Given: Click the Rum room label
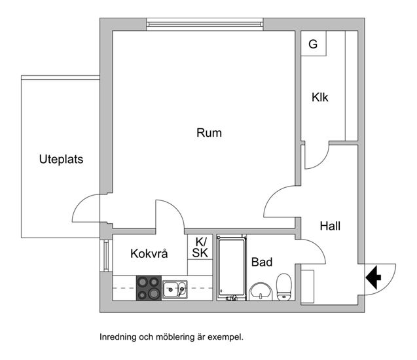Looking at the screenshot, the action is [x=209, y=133].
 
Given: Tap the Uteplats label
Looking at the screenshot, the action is [x=61, y=159].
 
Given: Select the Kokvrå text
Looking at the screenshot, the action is [x=149, y=254].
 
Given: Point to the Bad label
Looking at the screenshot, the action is [x=262, y=262].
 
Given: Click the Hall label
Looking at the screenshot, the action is [x=330, y=226].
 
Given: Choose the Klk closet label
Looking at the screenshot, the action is [x=320, y=98].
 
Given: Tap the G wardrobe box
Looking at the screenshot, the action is [x=314, y=43].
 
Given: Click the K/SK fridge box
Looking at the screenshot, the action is [x=200, y=247].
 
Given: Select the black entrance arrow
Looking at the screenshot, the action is [x=373, y=278].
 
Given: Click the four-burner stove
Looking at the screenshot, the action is [x=149, y=288].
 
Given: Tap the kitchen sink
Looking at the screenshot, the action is [x=175, y=289].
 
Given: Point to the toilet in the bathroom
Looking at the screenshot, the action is [x=284, y=287].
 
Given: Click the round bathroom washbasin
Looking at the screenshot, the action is [x=261, y=291].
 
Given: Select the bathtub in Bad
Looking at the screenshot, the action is [x=231, y=268].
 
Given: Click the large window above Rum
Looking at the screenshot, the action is [x=205, y=24].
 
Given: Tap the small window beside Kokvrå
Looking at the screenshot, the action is [x=106, y=255].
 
